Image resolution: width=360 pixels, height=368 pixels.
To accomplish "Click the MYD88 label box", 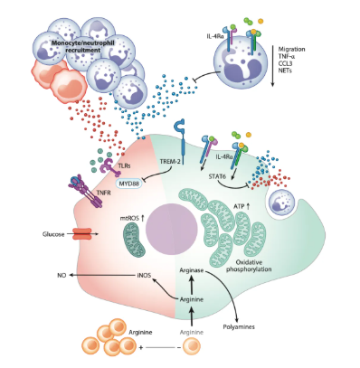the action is coord(129,183).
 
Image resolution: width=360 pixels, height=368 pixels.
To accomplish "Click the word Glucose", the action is coord(53,234).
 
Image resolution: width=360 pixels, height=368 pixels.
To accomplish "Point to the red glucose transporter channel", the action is coord(81,233).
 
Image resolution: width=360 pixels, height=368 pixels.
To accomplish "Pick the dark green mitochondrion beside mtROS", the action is coord(134,242).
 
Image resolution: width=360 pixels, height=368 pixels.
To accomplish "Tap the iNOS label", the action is coord(144,275).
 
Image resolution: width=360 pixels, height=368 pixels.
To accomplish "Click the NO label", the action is coord(62,275).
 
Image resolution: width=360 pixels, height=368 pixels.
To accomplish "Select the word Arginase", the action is coord(192,270).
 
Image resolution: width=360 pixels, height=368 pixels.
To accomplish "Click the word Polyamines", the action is coord(239,326).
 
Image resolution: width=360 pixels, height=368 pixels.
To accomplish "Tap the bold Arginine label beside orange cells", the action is coord(140,333).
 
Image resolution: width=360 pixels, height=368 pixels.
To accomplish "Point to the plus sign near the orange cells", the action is coord(141,347).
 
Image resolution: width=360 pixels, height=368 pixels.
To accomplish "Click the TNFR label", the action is coord(104,193).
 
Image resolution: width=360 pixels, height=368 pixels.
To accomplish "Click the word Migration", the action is coord(291,49).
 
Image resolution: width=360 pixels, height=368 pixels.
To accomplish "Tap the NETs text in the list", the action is coord(285,71).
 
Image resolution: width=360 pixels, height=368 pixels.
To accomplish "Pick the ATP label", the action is coord(239,206).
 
